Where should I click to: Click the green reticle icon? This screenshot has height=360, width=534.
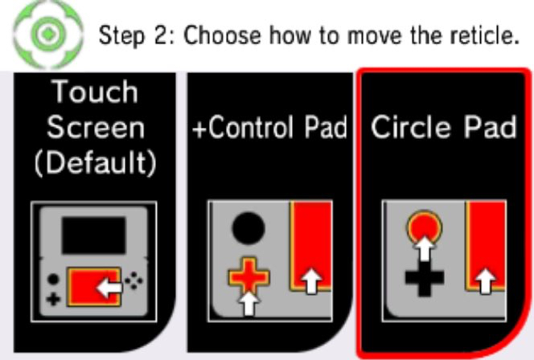coord(48,34)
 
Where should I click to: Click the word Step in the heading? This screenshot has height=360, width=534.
coord(121,35)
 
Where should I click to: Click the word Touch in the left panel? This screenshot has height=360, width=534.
coord(96,91)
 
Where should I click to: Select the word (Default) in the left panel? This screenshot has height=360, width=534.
coord(96,162)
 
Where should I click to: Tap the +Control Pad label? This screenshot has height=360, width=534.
coord(269,127)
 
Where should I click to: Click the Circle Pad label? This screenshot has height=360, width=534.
coord(444,127)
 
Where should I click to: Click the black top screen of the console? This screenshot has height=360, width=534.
coord(93,235)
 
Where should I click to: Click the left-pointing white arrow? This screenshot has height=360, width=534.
coord(109,288)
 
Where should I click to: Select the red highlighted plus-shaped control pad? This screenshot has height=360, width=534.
coord(249,276)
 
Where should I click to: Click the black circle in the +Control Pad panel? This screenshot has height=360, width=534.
coord(249,228)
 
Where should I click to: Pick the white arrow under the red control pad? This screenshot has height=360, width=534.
coord(249,303)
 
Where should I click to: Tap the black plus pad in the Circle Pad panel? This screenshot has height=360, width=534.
coord(425,277)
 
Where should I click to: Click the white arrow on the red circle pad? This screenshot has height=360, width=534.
coord(424,248)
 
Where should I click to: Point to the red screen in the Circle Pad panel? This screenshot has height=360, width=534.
coord(487,245)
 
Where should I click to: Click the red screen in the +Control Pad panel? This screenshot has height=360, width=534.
coord(310,246)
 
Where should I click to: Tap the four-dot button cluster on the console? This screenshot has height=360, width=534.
coord(133,280)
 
